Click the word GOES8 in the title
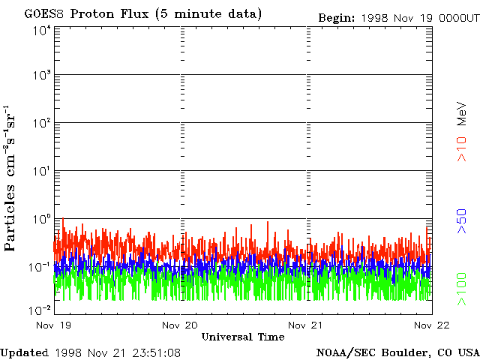[x=43, y=13]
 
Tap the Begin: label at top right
[x=337, y=18]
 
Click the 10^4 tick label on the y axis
[x=43, y=31]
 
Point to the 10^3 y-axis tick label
[x=43, y=75]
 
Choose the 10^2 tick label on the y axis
[x=43, y=123]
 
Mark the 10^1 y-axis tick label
[x=43, y=171]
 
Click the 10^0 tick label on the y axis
[x=43, y=219]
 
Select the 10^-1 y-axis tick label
[x=40, y=267]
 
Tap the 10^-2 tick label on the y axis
[x=40, y=310]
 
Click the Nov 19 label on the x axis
[x=53, y=325]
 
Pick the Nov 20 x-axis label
[x=180, y=325]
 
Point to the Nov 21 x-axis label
[x=305, y=325]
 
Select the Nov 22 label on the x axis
[x=432, y=325]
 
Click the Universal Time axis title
[x=243, y=337]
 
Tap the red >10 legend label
[x=462, y=149]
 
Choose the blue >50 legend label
[x=462, y=221]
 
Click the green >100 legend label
[x=462, y=289]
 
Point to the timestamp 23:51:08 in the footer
[x=157, y=353]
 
